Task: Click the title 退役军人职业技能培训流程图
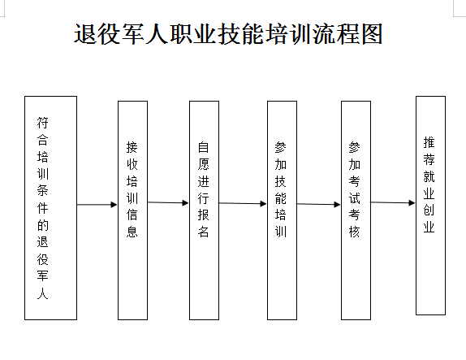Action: (228, 34)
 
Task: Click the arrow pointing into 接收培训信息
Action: (97, 205)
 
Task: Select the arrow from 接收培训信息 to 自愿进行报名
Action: (168, 202)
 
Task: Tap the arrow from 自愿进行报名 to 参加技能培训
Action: (243, 203)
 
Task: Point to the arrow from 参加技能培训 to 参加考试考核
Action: (319, 204)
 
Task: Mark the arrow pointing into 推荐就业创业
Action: (393, 202)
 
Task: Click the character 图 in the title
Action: (372, 34)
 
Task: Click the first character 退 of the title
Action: (85, 34)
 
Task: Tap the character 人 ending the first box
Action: (42, 293)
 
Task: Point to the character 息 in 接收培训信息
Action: (132, 231)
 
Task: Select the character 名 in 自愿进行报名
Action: (204, 231)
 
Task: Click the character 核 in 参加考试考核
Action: (354, 231)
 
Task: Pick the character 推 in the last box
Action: (429, 142)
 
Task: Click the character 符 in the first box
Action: (42, 123)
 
